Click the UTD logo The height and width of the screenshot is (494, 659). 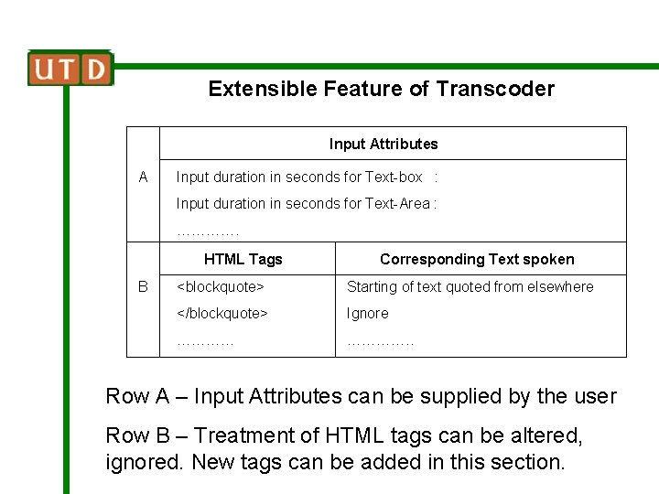70,69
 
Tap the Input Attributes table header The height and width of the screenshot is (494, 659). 384,144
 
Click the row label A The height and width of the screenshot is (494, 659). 143,177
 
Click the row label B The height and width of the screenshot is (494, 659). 143,286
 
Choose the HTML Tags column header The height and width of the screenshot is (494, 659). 243,259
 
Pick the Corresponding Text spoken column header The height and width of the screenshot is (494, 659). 477,259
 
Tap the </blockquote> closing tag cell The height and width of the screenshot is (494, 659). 221,313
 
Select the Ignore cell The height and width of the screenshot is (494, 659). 367,313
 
